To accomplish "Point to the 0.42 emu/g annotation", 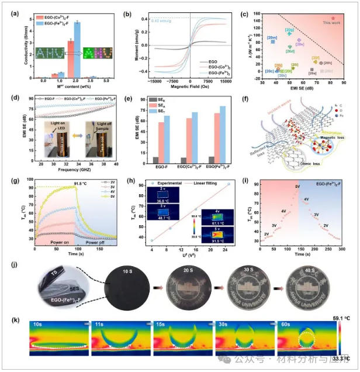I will pos(152,20).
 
